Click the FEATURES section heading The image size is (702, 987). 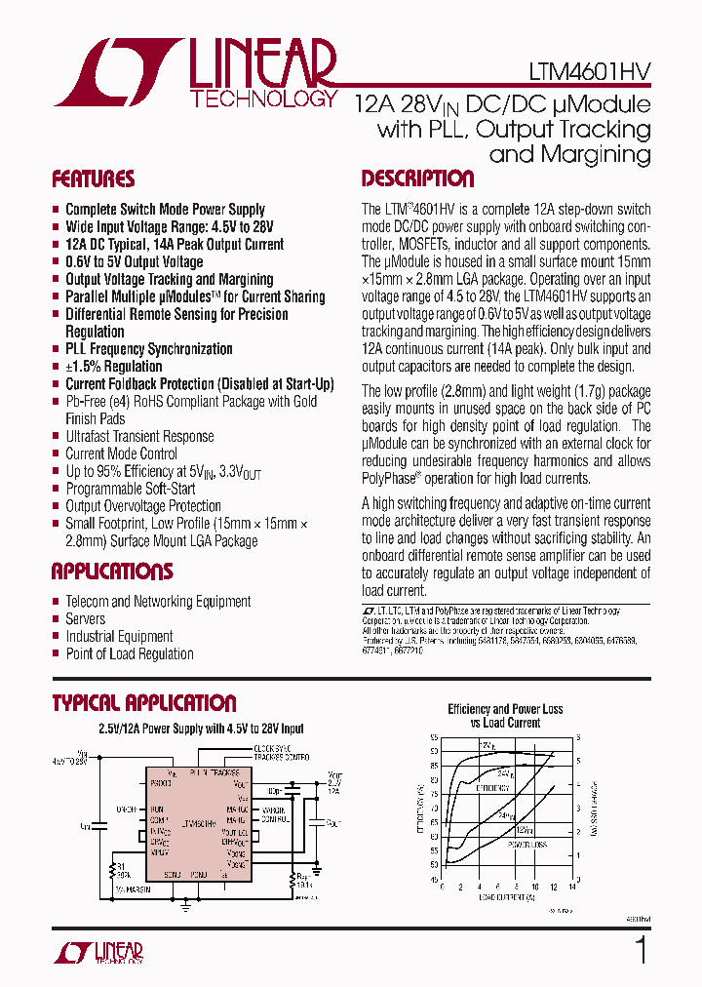click(x=94, y=179)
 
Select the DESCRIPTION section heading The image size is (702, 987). click(x=417, y=179)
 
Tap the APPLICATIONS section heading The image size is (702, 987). click(x=112, y=572)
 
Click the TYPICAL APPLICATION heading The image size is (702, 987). click(x=143, y=703)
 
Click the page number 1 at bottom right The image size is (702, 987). click(x=641, y=949)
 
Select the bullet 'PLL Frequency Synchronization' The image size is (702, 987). click(x=148, y=349)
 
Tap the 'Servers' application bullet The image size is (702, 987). click(x=85, y=618)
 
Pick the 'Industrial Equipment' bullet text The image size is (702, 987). click(x=119, y=636)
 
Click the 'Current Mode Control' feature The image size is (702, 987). click(x=121, y=454)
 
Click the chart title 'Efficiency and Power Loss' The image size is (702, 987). click(x=505, y=709)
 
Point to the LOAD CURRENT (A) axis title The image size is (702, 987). click(x=505, y=899)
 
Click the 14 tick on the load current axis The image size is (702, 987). click(x=571, y=888)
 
